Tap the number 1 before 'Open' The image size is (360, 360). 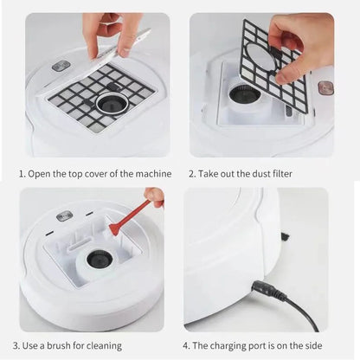click(22, 173)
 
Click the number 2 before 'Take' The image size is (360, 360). click(192, 173)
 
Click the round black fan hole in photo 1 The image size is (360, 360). click(108, 104)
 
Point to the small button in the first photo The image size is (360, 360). click(61, 67)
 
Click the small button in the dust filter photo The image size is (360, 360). click(325, 87)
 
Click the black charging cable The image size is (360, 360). click(299, 307)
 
